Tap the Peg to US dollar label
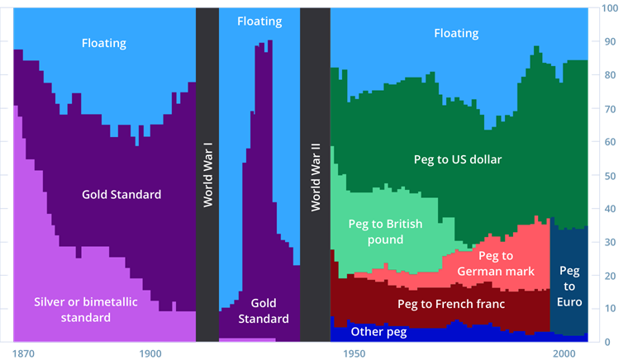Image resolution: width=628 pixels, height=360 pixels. pyautogui.click(x=458, y=159)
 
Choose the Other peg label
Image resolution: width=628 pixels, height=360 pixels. pyautogui.click(x=378, y=331)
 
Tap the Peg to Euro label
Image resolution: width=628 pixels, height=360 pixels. pyautogui.click(x=570, y=286)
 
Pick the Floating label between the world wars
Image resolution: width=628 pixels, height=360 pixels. pyautogui.click(x=259, y=21)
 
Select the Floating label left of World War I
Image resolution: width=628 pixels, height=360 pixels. pyautogui.click(x=104, y=42)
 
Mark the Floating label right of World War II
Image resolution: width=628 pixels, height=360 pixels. pyautogui.click(x=456, y=33)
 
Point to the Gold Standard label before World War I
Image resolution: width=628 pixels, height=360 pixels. pyautogui.click(x=121, y=195)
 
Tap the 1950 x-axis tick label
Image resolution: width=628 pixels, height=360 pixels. pyautogui.click(x=354, y=353)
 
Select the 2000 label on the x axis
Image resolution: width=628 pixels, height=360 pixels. pyautogui.click(x=564, y=353)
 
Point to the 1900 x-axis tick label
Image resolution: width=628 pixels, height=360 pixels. pyautogui.click(x=150, y=353)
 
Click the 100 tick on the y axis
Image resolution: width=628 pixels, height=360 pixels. pyautogui.click(x=610, y=8)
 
